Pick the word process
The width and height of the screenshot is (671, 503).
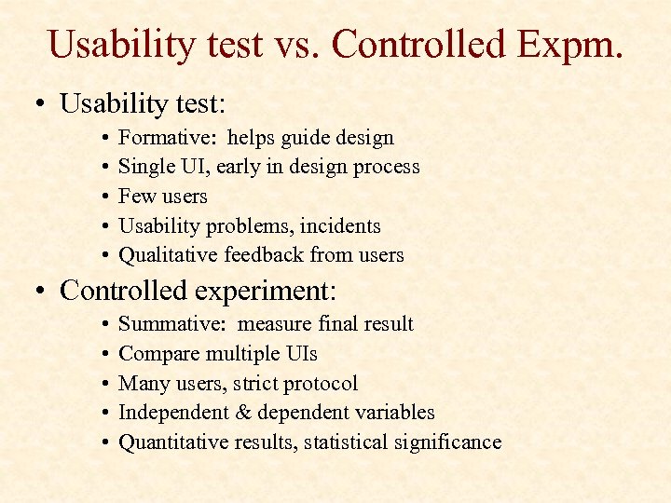point(383,168)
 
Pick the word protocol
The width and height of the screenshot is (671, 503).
point(322,384)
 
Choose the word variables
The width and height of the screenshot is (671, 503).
point(395,413)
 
